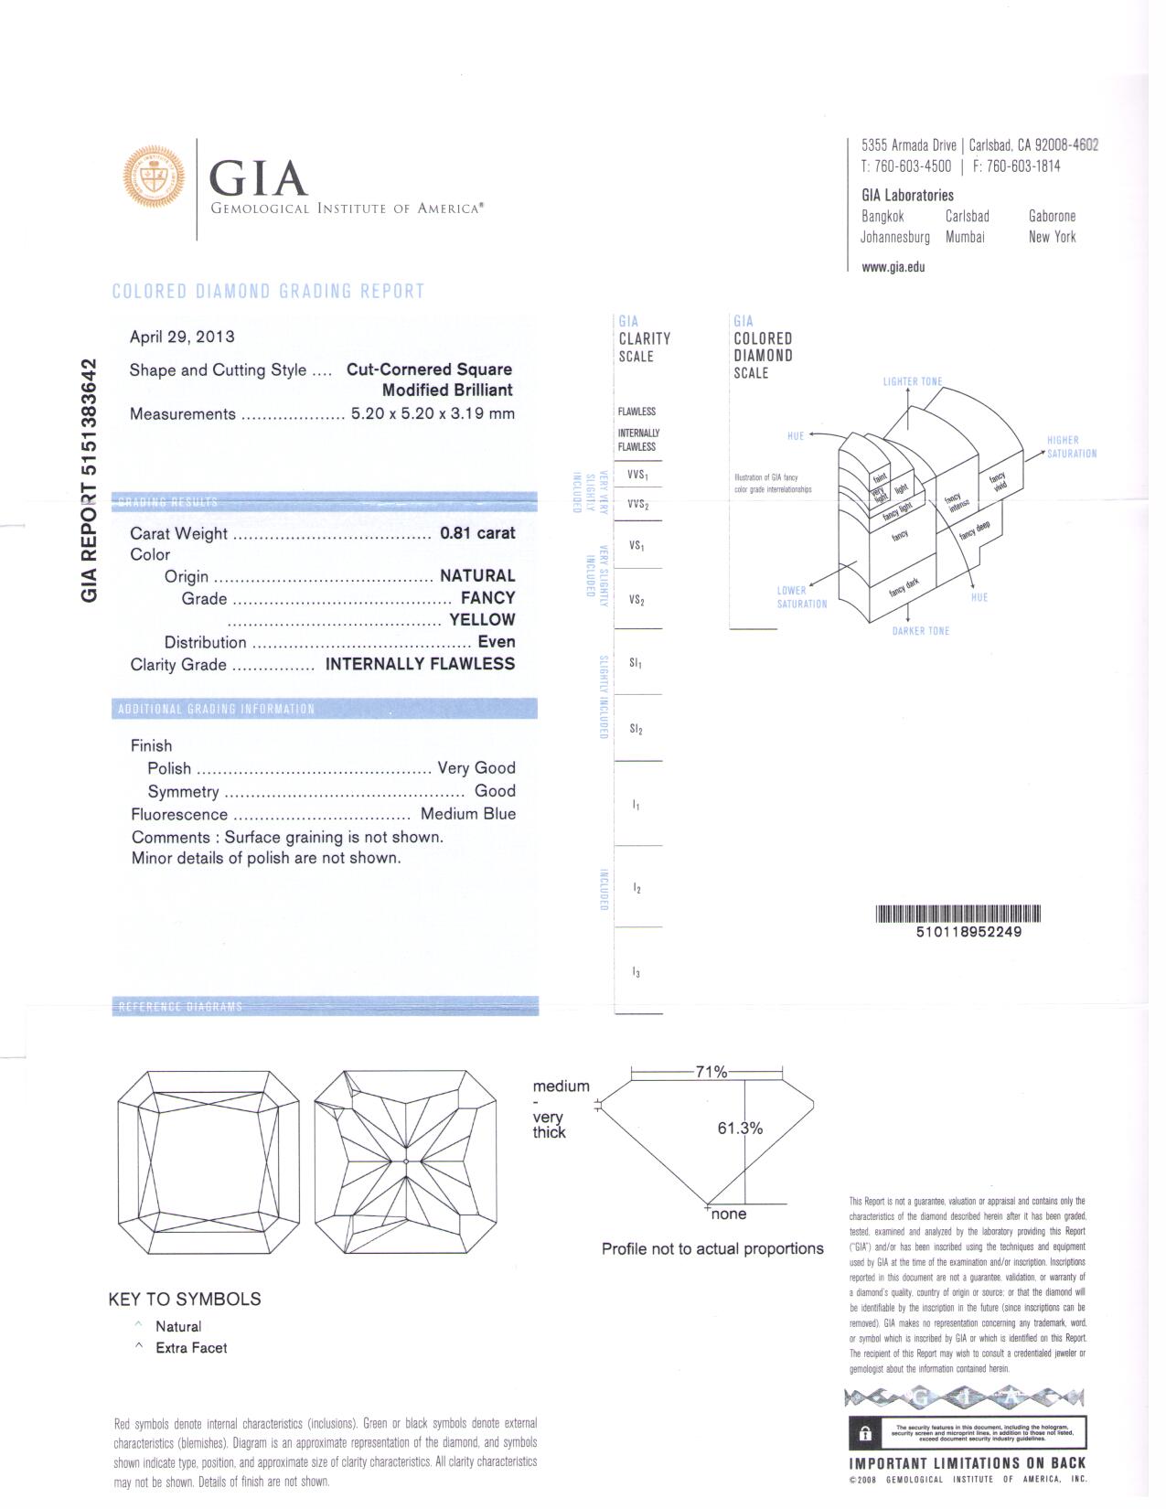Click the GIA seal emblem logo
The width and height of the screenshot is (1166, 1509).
154,177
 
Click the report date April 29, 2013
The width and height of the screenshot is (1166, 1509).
182,337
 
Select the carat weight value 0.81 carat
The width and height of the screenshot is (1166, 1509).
477,533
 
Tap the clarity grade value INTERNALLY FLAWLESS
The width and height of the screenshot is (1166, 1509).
420,664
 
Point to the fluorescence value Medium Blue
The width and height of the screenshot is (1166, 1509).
467,814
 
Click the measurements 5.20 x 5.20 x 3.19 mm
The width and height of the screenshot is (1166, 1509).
433,413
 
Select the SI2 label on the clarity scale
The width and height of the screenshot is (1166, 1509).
636,729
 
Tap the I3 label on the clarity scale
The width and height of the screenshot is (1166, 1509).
636,973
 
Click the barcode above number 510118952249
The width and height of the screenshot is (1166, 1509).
957,913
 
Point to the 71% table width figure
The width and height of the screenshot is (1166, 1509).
711,1072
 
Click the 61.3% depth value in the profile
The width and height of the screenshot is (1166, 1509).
740,1129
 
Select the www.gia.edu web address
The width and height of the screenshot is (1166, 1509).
893,267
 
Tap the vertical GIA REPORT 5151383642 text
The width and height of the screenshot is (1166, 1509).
90,480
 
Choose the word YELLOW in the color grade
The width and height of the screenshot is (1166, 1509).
482,620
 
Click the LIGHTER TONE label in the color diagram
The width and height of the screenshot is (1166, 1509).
912,381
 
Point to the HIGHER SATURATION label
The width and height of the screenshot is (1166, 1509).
1071,447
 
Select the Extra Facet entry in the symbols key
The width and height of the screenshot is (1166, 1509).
191,1347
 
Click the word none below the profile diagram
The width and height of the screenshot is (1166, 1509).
729,1215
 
